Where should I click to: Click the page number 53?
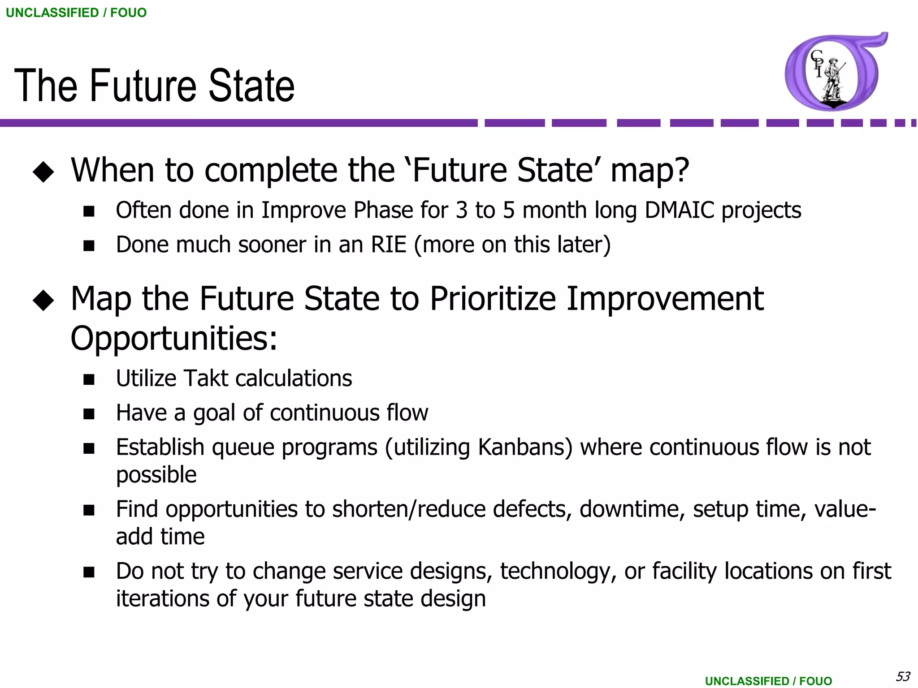903,676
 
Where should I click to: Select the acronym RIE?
388,245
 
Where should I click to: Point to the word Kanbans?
525,447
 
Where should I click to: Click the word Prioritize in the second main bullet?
493,299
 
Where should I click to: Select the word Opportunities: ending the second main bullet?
174,338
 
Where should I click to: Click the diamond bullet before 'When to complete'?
43,172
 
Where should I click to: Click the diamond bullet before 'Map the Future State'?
43,300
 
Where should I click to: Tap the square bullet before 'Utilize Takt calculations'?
89,379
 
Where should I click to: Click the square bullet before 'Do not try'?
89,572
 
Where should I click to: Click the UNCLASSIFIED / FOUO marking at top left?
76,13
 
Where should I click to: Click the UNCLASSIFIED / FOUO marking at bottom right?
768,681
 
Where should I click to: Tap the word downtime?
632,509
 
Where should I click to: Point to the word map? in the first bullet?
650,171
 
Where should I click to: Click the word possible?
156,475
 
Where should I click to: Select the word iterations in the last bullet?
162,599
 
